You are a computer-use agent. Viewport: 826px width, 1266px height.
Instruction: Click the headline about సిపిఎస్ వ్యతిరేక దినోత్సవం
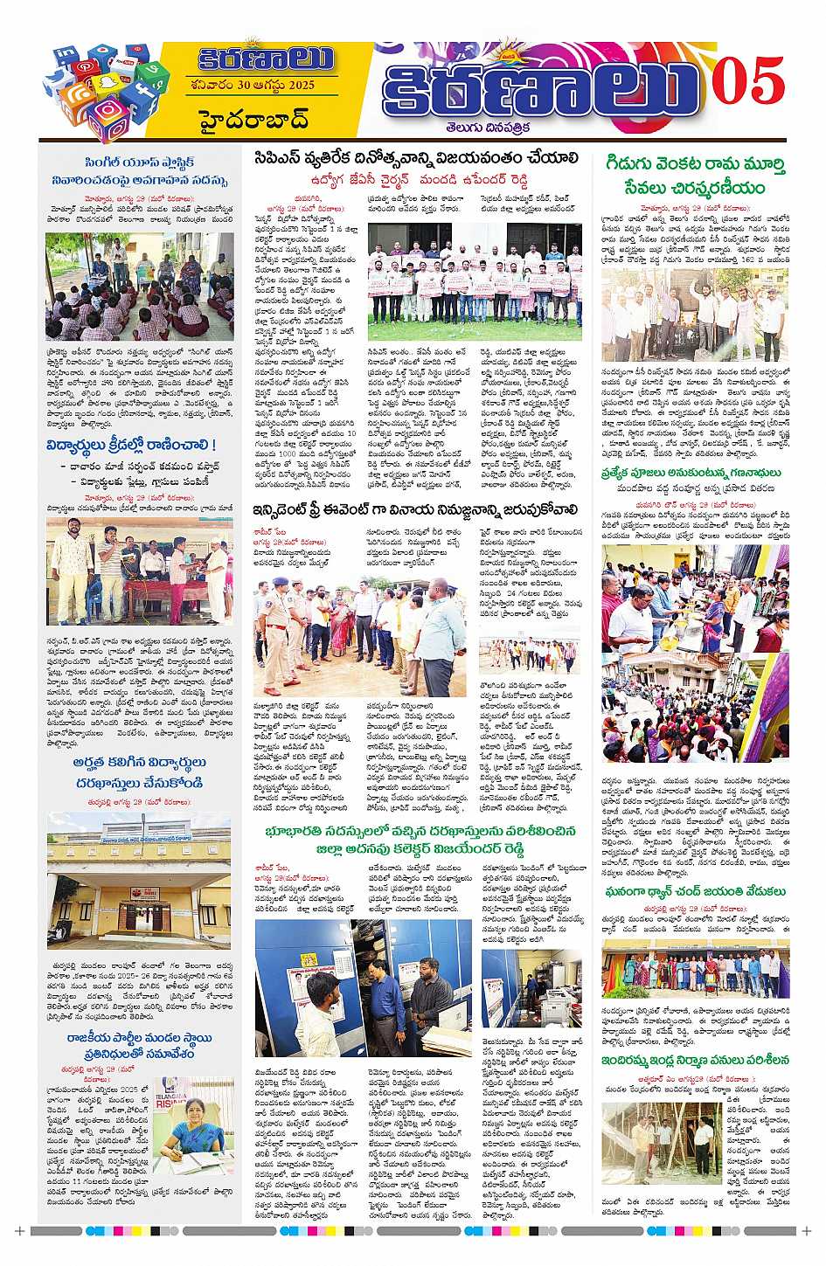[417, 158]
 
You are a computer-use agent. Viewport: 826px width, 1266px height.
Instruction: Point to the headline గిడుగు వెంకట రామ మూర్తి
[694, 176]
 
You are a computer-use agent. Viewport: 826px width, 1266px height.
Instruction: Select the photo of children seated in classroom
[140, 287]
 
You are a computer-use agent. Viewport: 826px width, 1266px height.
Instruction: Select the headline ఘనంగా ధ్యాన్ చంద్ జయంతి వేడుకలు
[694, 891]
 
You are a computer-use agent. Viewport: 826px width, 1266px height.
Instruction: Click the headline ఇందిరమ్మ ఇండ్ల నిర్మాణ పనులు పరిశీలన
[694, 1060]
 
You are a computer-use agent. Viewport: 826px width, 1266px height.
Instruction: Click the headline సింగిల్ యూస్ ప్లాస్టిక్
[139, 171]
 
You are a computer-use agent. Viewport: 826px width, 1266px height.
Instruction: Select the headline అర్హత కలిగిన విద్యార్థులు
[139, 771]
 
